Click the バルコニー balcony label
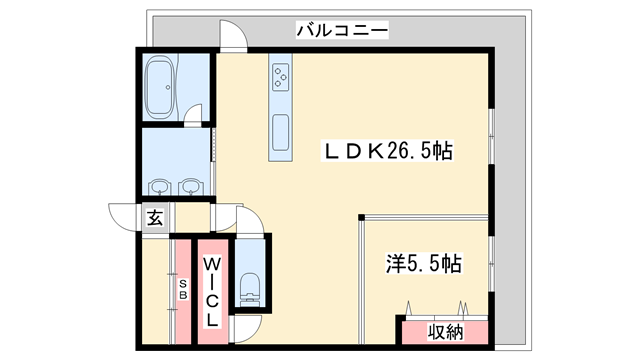coord(341,31)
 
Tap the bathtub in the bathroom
coord(159,87)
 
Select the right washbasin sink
coord(191,186)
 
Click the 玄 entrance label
coord(155,217)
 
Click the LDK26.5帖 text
coord(386,152)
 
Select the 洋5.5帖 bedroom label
coord(424,264)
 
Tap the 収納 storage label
coord(445,330)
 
